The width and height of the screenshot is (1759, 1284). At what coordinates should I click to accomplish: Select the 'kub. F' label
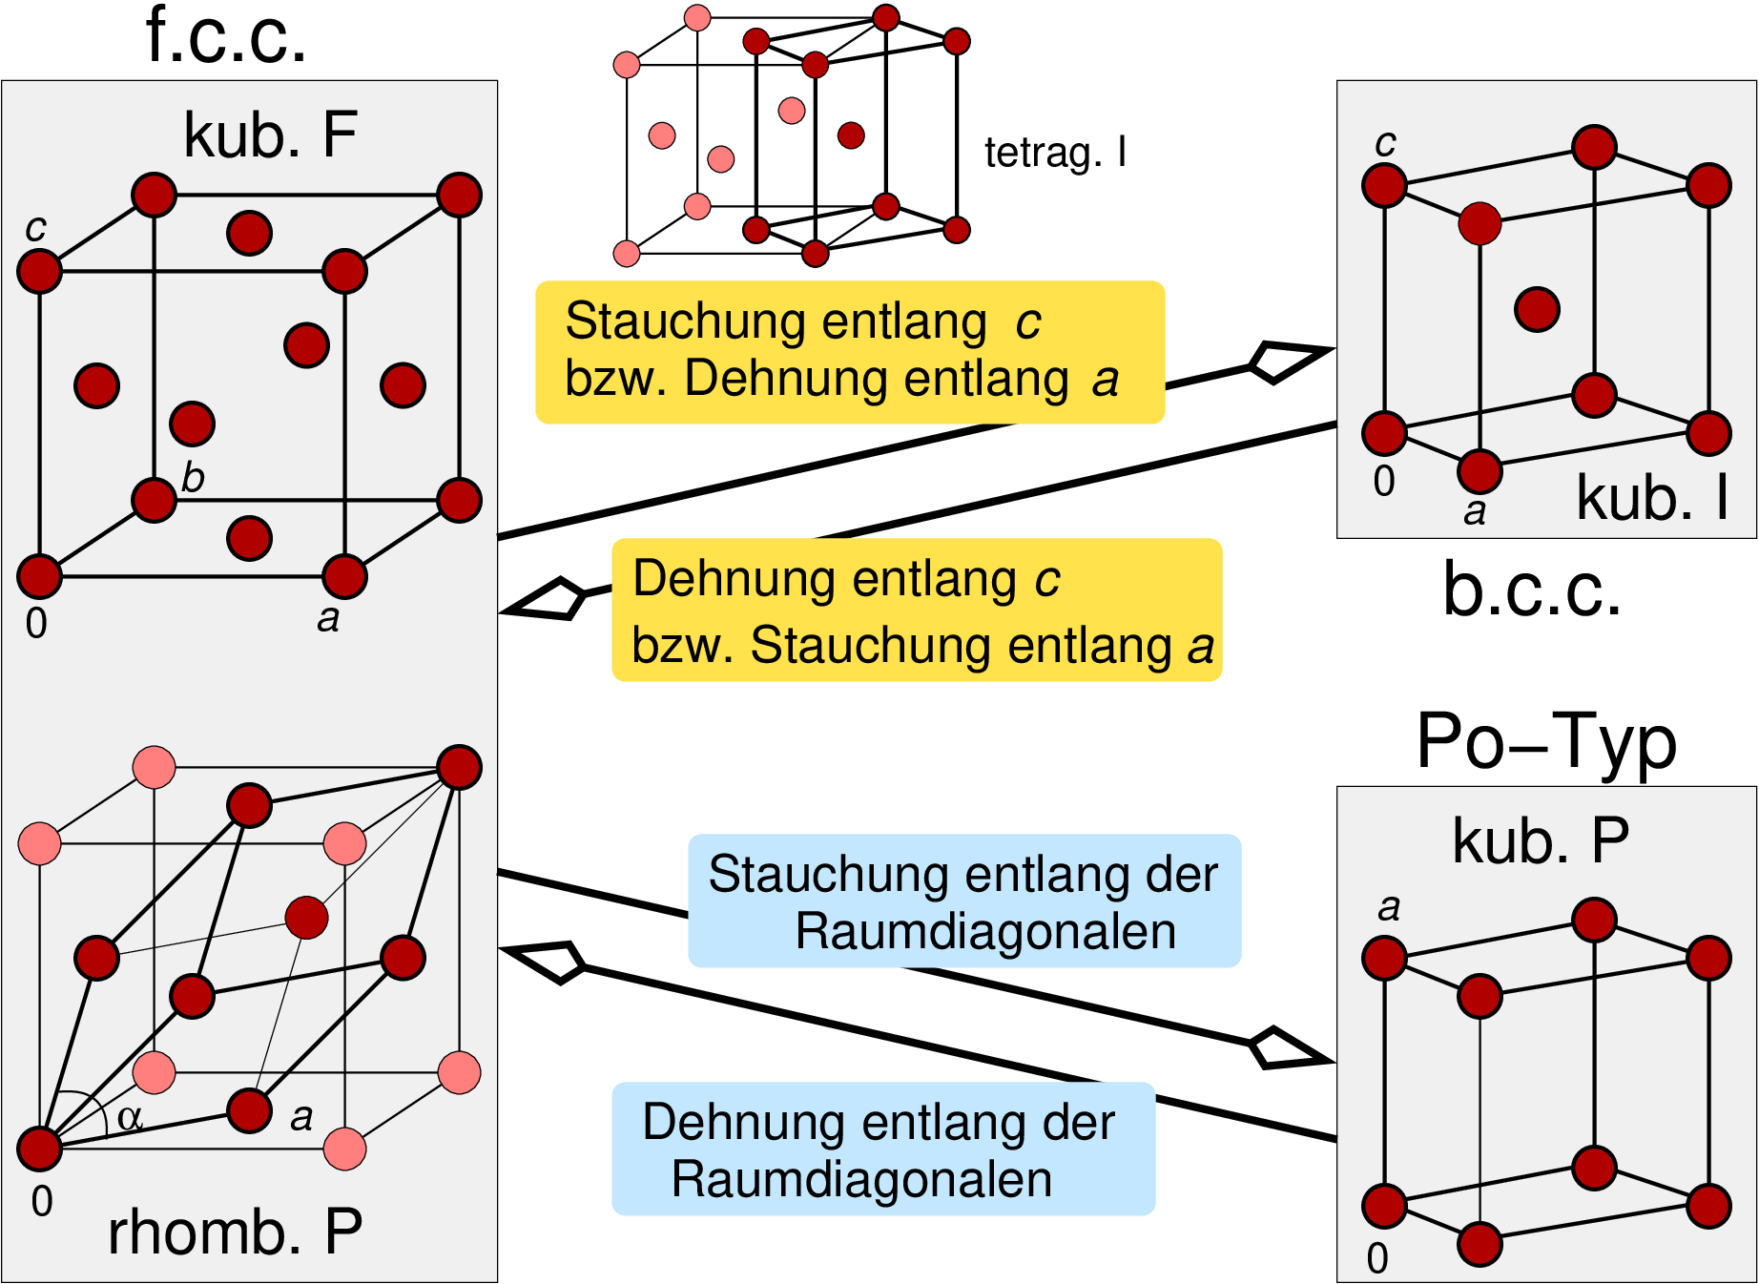[x=270, y=135]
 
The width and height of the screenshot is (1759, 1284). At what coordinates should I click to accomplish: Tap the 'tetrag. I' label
[x=1055, y=153]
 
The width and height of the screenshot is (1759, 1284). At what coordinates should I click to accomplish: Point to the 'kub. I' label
[x=1652, y=498]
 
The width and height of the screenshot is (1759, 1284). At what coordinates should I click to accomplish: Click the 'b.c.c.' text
[x=1532, y=590]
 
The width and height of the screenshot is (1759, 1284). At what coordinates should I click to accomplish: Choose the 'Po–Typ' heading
[x=1546, y=742]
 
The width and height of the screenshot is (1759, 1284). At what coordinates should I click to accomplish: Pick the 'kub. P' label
[x=1541, y=841]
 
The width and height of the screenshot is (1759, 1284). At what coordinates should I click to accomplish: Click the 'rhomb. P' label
[x=235, y=1232]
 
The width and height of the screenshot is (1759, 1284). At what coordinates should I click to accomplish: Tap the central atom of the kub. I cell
[x=1537, y=309]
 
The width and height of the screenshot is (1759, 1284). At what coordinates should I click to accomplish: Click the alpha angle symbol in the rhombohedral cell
[x=130, y=1117]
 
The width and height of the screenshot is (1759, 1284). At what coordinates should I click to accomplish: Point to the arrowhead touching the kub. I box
[x=1288, y=361]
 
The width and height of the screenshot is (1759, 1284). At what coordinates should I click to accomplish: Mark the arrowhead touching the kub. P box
[x=1288, y=1049]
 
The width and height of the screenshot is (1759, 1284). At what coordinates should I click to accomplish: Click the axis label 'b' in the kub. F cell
[x=193, y=477]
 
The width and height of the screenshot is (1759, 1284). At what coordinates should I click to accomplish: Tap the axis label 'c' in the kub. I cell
[x=1385, y=143]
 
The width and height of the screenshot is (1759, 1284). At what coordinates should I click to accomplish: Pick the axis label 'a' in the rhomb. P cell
[x=301, y=1116]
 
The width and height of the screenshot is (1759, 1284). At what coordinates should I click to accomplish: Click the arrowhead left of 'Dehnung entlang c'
[x=548, y=599]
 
